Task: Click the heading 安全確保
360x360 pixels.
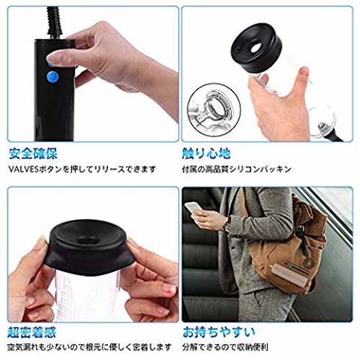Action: point(33,153)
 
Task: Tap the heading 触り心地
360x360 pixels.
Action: point(207,153)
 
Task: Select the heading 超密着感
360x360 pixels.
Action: point(32,333)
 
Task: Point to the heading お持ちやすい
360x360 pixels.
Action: point(219,333)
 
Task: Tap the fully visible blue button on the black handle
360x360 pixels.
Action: point(53,77)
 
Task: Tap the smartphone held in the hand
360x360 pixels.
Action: point(193,208)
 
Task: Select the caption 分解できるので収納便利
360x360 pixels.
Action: point(225,347)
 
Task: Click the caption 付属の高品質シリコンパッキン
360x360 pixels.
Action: point(237,169)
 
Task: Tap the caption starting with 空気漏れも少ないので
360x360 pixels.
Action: point(89,347)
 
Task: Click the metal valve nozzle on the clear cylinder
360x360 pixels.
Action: point(321,126)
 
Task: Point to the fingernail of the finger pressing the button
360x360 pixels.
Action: point(51,58)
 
